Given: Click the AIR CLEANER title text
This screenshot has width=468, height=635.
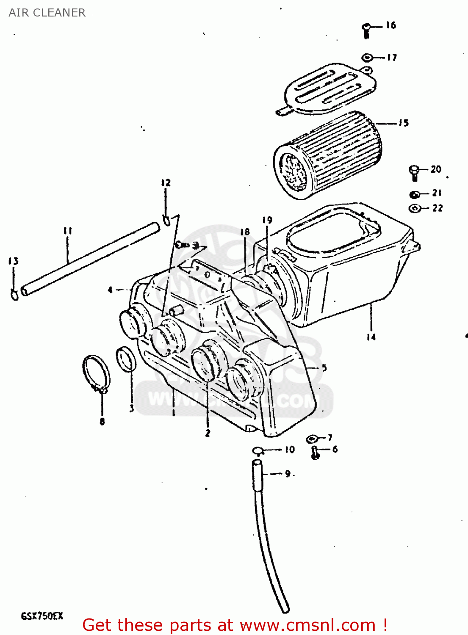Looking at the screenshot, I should click(47, 13).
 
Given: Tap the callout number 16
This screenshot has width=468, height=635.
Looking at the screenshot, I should click(391, 25).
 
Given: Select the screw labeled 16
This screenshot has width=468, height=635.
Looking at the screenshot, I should click(366, 30).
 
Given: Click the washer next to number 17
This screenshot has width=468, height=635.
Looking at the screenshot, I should click(367, 57).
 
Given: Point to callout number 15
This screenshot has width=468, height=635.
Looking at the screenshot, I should click(404, 123).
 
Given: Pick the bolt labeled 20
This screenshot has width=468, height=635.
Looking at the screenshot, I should click(414, 172).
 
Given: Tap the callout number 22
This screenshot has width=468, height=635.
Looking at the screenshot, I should click(438, 208).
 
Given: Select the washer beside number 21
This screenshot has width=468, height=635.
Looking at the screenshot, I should click(415, 194).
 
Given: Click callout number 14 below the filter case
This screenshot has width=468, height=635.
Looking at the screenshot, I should click(371, 337).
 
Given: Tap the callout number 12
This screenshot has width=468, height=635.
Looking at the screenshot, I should click(166, 183).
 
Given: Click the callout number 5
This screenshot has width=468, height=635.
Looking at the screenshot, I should click(324, 367).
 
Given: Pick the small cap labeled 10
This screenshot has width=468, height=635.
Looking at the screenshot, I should click(258, 450).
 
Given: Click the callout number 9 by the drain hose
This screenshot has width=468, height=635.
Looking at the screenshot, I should click(288, 474).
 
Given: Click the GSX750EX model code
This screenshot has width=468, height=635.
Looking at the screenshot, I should click(42, 616).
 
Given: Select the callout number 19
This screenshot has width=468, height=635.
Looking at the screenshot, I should click(267, 220).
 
